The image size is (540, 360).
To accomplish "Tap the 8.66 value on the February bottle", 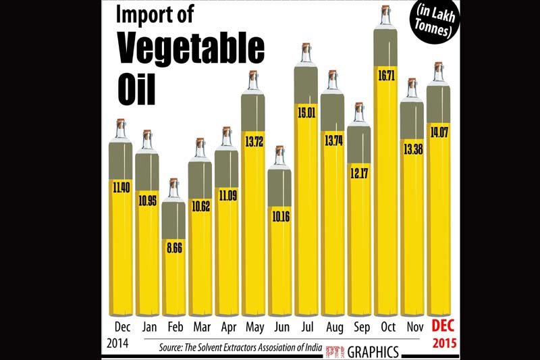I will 173,248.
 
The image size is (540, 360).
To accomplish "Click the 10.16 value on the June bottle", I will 279,217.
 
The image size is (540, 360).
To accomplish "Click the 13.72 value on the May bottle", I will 252,142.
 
